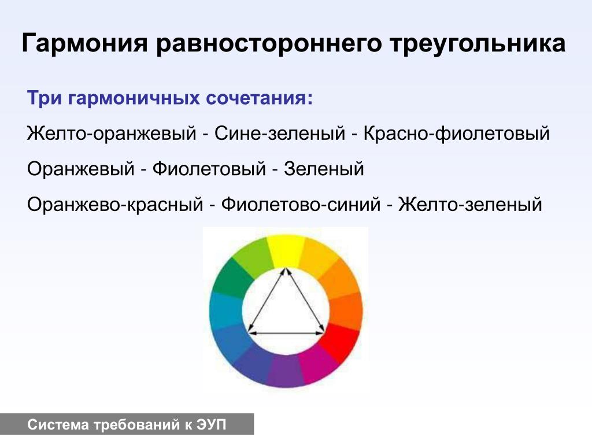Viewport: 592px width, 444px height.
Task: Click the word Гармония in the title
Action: click(84, 43)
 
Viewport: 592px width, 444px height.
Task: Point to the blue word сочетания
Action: click(260, 98)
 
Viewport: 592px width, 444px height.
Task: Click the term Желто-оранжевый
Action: click(112, 134)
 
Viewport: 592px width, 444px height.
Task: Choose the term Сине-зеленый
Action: click(280, 134)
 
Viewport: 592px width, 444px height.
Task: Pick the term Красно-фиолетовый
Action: click(457, 134)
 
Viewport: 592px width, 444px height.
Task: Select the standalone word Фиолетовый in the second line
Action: click(209, 169)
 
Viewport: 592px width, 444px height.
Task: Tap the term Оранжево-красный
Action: click(115, 205)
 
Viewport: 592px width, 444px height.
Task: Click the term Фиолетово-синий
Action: click(301, 204)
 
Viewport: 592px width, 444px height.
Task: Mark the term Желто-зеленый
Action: click(470, 204)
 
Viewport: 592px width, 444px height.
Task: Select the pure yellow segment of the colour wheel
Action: click(286, 250)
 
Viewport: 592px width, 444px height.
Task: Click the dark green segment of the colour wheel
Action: click(232, 279)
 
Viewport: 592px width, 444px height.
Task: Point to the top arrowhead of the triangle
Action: click(286, 271)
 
